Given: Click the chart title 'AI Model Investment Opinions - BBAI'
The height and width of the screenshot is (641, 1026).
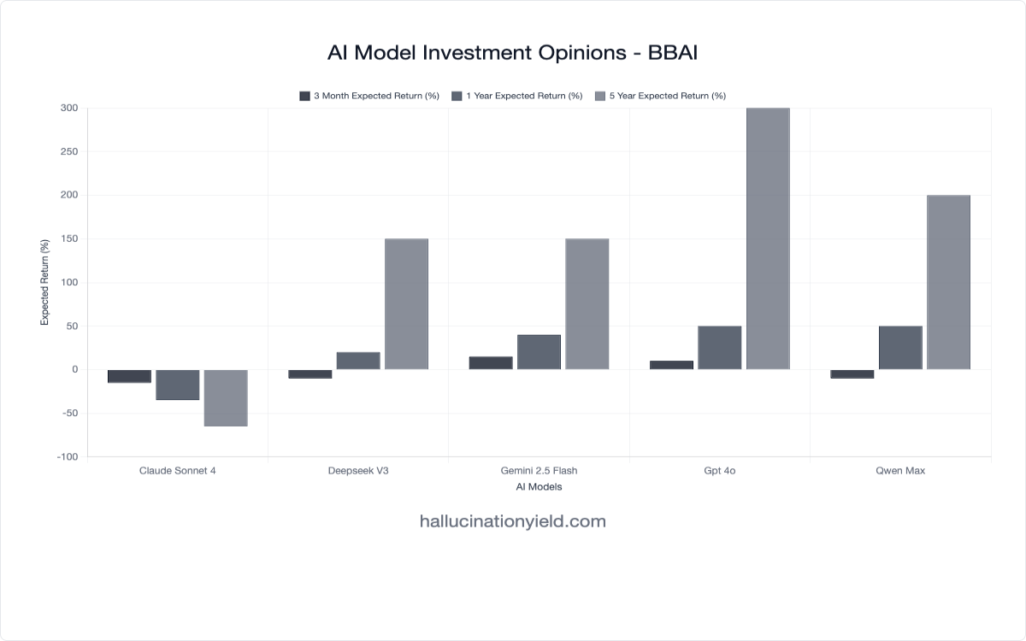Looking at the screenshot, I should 513,53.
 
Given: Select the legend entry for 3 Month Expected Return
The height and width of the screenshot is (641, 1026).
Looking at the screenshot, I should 369,96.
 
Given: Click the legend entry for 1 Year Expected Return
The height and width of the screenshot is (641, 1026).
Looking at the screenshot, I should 516,96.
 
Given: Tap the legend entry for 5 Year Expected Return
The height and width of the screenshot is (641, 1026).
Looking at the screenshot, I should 659,96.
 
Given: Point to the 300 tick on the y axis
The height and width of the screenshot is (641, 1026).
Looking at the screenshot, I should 69,109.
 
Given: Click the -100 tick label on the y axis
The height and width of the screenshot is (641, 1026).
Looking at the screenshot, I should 67,457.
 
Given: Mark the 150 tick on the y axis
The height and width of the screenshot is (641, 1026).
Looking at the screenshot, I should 69,239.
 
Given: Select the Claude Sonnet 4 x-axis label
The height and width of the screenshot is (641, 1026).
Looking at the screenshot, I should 177,471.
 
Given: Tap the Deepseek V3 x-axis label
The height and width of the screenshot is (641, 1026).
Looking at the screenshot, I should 358,471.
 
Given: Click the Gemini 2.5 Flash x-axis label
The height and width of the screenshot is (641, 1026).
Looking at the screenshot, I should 539,471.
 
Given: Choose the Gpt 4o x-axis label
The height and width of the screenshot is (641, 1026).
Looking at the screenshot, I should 720,471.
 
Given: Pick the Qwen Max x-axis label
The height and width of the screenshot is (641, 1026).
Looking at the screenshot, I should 900,471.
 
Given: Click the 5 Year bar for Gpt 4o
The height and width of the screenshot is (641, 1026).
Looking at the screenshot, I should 768,239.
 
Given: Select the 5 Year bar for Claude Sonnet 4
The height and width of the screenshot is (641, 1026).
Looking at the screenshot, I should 226,397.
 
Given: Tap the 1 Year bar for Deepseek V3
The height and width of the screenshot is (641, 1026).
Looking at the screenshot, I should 358,361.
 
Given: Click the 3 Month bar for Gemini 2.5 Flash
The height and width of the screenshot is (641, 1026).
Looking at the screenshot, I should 491,363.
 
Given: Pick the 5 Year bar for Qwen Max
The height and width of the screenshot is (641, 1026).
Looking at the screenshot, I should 948,282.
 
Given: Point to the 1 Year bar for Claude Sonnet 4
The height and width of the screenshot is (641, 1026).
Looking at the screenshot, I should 178,385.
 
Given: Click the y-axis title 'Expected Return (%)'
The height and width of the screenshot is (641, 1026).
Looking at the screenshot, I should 45,282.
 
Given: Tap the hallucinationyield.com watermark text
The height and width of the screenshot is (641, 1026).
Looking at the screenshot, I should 513,521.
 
